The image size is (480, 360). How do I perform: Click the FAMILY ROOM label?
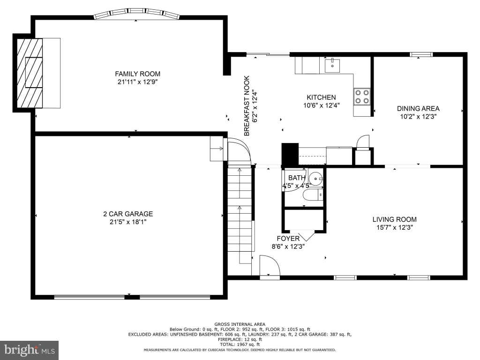coord(137,74)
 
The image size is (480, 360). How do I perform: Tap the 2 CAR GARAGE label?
coord(128,214)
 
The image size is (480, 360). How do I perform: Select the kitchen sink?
coord(332,65)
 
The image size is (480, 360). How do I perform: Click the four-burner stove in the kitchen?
coord(362,97)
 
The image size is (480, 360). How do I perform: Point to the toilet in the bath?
coord(313,195)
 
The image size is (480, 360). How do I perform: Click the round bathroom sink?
coord(315,178)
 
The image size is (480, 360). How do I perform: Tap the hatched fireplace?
coord(30,73)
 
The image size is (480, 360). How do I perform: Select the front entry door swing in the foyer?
coord(270,266)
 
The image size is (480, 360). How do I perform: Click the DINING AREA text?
coord(418,108)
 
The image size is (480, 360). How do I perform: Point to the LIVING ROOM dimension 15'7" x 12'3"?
coord(394,227)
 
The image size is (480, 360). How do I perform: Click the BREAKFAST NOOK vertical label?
coord(247,105)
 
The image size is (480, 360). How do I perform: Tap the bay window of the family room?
coord(136,14)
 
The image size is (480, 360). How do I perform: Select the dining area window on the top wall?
coord(421,55)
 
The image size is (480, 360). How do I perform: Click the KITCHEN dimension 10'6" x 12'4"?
coord(322,105)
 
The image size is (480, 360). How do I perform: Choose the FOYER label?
coord(288,239)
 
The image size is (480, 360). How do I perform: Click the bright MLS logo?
coord(29,350)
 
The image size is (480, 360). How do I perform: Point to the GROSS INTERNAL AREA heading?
coord(240,324)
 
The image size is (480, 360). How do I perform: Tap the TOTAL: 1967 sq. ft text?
coord(240,345)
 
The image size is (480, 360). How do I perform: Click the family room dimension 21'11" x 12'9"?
coord(137,82)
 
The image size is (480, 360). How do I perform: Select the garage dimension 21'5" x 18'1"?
coord(128,222)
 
